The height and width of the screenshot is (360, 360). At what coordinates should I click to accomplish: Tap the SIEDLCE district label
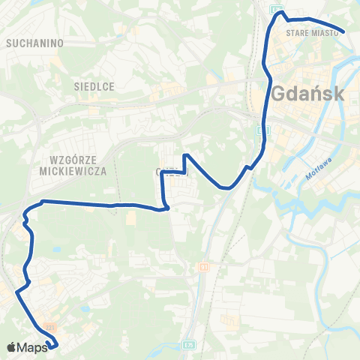(94, 87)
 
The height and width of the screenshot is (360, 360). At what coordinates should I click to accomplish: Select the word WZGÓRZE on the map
(73, 160)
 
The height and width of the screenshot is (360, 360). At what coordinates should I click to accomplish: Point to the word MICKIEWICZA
(73, 171)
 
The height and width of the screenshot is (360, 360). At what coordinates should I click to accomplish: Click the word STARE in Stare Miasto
(298, 33)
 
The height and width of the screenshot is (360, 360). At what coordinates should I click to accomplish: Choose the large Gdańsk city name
(308, 94)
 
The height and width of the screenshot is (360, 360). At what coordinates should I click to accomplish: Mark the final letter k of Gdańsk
(338, 94)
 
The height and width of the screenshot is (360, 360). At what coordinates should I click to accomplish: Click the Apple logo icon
(10, 347)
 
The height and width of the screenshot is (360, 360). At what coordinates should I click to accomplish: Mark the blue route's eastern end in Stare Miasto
(343, 31)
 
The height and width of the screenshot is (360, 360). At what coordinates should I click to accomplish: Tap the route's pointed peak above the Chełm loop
(186, 155)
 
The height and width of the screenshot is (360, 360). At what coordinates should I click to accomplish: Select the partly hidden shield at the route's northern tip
(277, 8)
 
